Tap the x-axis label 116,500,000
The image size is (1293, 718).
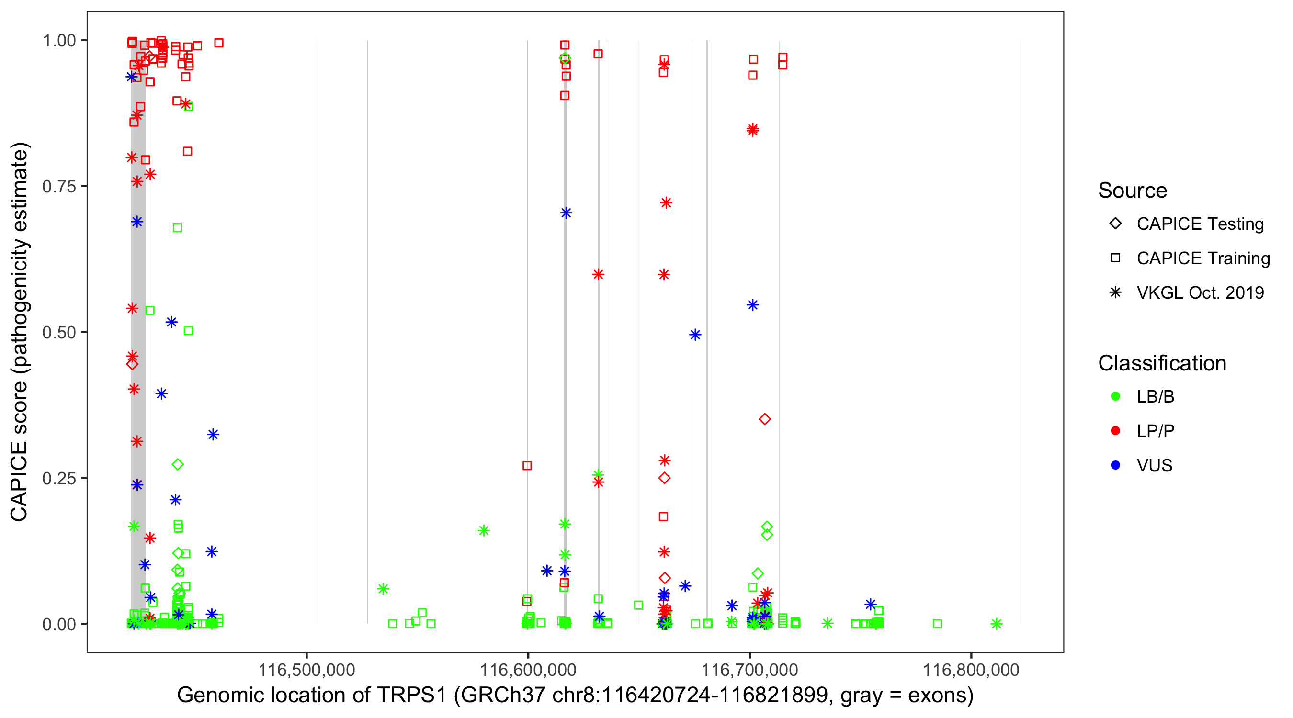tap(306, 670)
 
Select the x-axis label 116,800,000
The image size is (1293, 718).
tap(971, 670)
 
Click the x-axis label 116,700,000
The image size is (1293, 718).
tap(749, 670)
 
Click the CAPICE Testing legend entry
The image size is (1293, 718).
tap(1200, 224)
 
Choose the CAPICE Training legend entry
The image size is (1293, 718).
tap(1202, 258)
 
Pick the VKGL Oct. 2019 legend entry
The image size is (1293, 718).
tap(1200, 292)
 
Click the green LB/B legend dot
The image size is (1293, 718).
tap(1115, 396)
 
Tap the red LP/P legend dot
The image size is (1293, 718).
tap(1115, 431)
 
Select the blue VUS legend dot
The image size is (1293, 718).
tap(1115, 466)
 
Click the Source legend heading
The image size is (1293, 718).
tap(1133, 191)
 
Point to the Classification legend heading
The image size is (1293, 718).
tap(1162, 363)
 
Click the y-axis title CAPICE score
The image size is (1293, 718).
tap(19, 451)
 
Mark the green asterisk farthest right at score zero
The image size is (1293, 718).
tap(997, 624)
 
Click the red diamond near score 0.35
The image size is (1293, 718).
tap(764, 419)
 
